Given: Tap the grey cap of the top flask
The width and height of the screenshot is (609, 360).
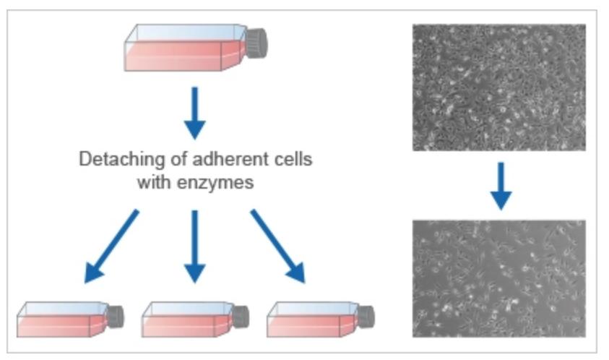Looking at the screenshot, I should (256, 44).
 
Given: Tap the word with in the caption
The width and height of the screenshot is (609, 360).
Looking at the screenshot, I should (152, 182).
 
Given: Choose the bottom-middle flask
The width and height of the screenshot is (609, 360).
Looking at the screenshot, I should (189, 319).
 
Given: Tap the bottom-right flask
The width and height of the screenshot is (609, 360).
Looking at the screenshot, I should (314, 319).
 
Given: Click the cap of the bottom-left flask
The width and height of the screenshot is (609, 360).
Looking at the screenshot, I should (115, 316).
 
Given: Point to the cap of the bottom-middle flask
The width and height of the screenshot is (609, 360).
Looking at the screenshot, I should (240, 316).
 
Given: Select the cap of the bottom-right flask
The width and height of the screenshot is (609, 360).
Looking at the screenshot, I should (366, 316).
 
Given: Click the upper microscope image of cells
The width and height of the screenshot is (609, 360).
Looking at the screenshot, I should (498, 87).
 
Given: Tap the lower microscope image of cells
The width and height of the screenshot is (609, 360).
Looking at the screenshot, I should (498, 278).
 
